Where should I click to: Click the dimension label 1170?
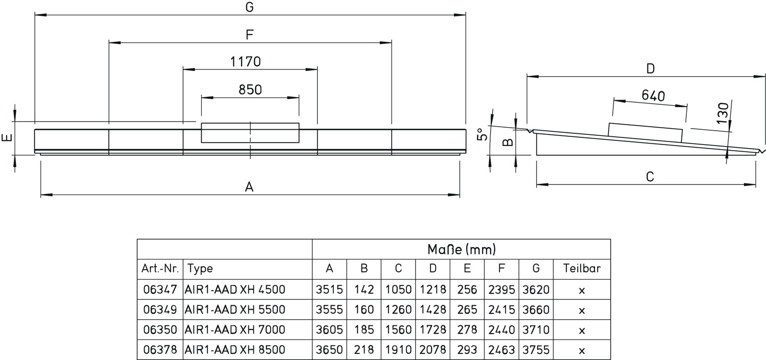tap(245, 62)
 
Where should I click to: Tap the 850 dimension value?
tap(250, 90)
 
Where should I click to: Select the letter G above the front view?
tap(250, 8)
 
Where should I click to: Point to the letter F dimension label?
tap(250, 35)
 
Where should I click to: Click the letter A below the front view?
tap(249, 187)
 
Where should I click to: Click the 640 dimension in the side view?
tap(653, 96)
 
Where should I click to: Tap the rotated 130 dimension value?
tap(722, 113)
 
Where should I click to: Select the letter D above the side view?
tap(650, 69)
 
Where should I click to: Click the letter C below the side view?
tap(650, 177)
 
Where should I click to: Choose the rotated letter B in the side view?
tap(508, 141)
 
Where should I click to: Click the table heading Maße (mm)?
tap(462, 250)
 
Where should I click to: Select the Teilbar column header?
tap(582, 269)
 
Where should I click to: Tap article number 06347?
tap(160, 290)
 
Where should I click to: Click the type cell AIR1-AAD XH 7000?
tap(235, 330)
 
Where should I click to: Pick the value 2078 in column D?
tap(433, 350)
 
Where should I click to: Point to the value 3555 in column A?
tap(329, 310)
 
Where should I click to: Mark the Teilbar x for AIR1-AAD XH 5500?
tap(582, 310)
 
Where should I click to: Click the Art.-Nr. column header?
tap(160, 269)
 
